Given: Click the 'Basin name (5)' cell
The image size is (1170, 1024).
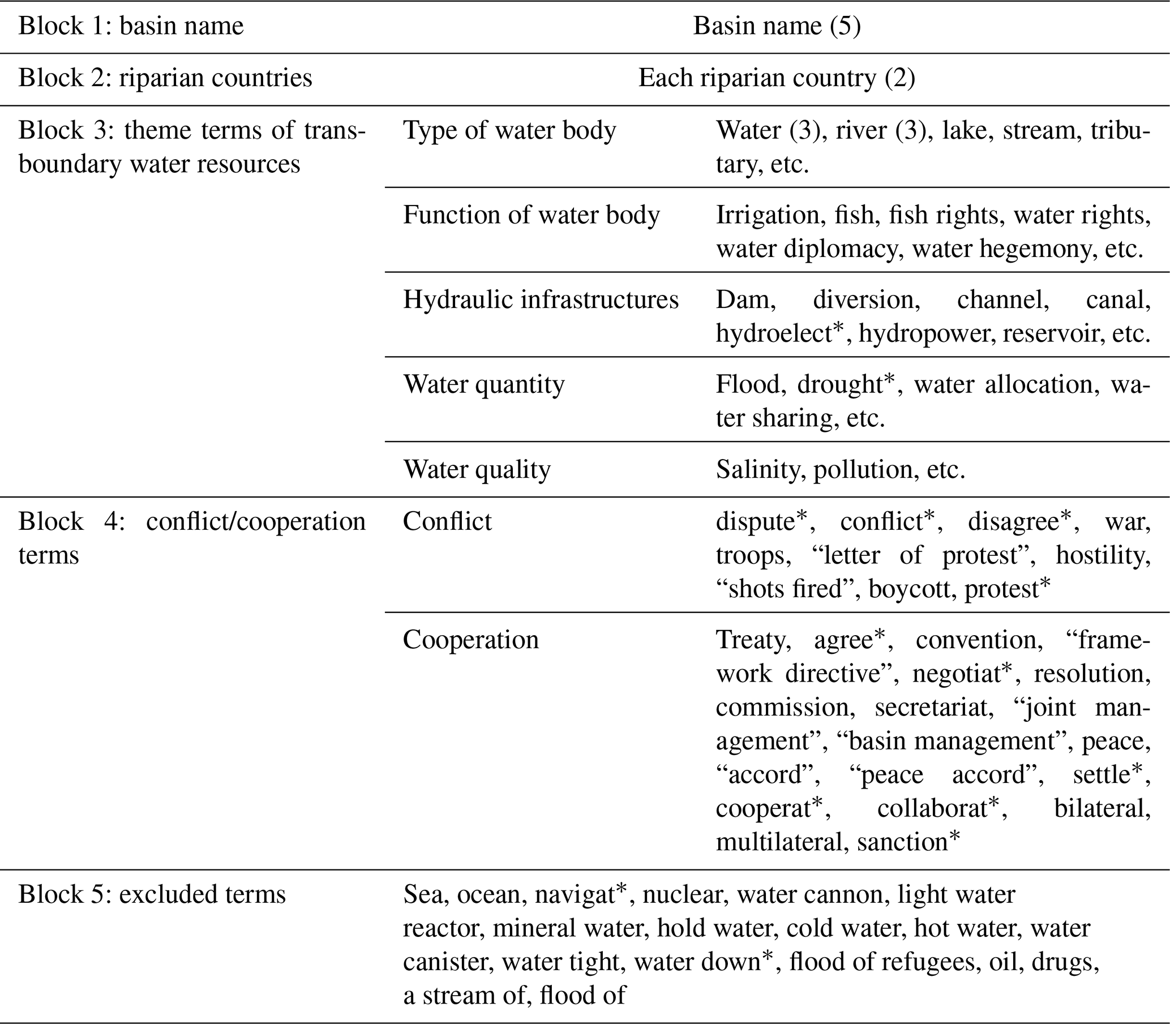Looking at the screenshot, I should (777, 26).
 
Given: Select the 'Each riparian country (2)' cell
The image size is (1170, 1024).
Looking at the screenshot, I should (777, 78).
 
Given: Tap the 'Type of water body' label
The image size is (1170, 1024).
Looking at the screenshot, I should (509, 131).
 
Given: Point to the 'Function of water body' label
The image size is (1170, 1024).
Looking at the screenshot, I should (532, 216).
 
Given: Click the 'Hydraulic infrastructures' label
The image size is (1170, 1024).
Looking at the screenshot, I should (541, 300).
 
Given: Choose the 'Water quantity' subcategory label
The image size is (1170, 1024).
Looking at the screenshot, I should (483, 384).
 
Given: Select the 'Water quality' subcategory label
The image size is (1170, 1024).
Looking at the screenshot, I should (477, 470).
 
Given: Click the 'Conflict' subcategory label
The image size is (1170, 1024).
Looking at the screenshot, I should (447, 522).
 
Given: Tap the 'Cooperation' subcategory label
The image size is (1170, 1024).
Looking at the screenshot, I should (471, 640).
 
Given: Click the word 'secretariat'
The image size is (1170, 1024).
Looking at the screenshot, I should (931, 708).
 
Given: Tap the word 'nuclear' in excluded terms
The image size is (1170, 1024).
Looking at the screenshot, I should (685, 895).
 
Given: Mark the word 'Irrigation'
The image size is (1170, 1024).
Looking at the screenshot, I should (768, 216).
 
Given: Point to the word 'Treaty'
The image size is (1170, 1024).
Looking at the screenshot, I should (752, 640).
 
